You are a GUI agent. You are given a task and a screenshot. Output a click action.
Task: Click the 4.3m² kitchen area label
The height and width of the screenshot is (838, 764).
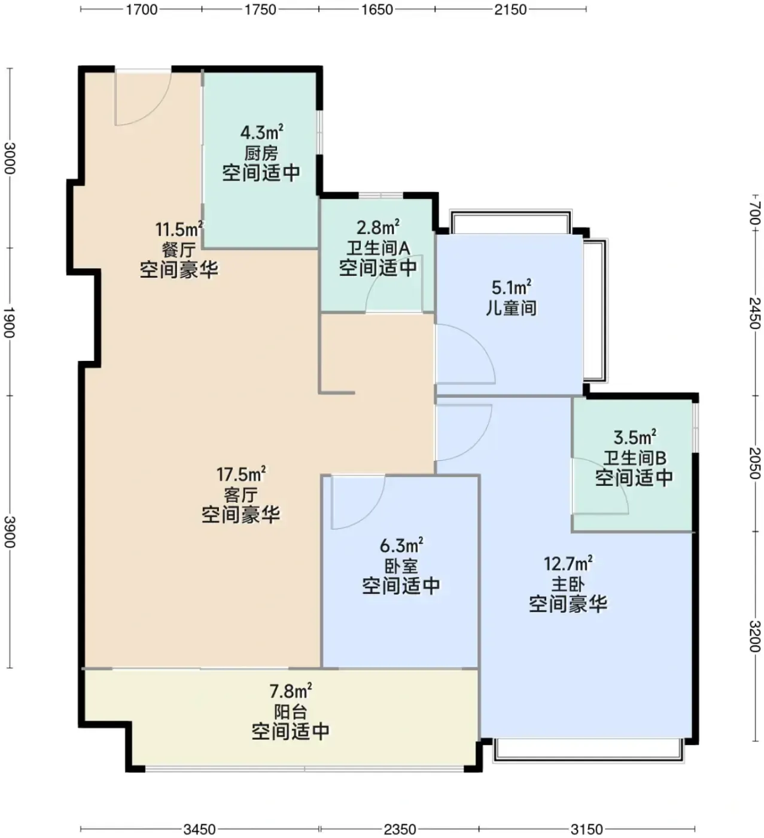261,132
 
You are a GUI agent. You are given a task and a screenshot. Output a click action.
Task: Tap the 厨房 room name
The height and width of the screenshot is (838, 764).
261,153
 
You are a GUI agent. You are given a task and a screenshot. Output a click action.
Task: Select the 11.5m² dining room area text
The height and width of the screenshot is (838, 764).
179,229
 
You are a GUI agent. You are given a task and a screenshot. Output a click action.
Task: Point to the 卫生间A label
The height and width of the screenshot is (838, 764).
378,248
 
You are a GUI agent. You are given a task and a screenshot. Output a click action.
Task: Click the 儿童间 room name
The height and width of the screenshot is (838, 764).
512,308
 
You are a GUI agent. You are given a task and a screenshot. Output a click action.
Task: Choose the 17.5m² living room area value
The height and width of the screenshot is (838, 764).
241,474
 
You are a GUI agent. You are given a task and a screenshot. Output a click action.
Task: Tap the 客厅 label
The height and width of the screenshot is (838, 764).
241,495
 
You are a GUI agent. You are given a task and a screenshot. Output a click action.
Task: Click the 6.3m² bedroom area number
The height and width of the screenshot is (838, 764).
401,545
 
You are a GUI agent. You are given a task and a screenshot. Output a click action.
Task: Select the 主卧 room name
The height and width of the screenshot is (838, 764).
568,584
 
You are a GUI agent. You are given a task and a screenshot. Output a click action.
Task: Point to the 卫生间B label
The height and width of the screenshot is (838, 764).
635,459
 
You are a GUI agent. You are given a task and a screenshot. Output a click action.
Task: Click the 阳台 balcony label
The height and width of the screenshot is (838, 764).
291,712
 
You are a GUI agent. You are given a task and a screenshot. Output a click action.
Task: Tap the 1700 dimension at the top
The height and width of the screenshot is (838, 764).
142,9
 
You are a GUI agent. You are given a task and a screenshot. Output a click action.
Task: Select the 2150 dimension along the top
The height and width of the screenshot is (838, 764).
510,9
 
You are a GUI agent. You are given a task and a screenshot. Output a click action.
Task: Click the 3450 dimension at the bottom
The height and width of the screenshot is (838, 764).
200,829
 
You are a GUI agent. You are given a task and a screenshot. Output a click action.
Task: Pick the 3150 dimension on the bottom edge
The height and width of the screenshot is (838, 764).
587,829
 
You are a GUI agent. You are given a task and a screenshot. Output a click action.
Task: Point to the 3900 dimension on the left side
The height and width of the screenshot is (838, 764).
10,532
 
